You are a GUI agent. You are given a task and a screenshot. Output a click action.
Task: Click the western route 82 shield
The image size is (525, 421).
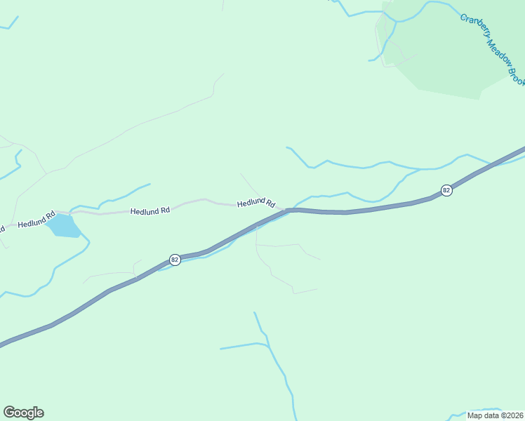(175, 260)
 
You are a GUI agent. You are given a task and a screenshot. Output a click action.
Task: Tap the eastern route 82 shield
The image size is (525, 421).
(446, 190)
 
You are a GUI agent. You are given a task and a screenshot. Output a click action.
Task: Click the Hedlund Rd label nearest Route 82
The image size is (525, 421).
(255, 202)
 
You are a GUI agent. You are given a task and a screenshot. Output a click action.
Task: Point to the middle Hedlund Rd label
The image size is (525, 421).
(150, 210)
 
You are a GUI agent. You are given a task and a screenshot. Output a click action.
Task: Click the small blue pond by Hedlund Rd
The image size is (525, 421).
(63, 226)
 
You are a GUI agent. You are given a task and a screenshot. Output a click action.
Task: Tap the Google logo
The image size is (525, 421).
(23, 413)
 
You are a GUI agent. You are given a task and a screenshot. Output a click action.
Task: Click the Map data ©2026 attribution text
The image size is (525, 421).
(495, 415)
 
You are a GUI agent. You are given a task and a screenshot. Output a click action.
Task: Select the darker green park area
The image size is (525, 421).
(456, 63)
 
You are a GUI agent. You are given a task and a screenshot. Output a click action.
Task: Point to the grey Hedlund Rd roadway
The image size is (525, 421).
(190, 202)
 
